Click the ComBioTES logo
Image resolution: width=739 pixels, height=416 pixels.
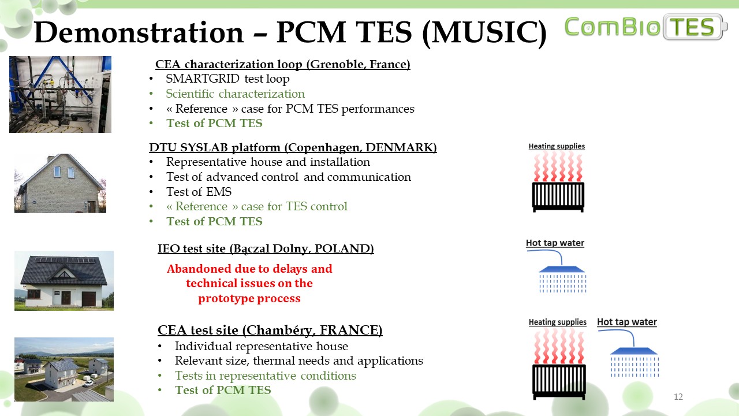[x=646, y=27]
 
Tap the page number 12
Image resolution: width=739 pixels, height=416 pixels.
[x=678, y=396]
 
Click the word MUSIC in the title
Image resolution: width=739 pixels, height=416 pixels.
[x=484, y=32]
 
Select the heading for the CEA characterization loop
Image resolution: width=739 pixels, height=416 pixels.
[x=283, y=64]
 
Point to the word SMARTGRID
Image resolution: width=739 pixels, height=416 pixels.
[x=202, y=79]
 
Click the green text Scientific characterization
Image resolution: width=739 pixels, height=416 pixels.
[x=235, y=94]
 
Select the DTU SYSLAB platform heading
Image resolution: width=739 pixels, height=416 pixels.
[x=293, y=147]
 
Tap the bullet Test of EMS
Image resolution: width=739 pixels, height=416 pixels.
[x=199, y=192]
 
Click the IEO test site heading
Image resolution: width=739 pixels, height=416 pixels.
[x=266, y=248]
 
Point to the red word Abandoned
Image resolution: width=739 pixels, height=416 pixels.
[x=199, y=269]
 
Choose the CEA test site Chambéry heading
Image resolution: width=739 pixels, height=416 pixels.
[x=270, y=330]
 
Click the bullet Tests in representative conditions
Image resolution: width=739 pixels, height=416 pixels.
[x=265, y=376]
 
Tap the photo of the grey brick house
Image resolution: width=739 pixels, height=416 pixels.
[x=61, y=183]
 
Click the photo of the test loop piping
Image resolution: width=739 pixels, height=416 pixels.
[x=61, y=94]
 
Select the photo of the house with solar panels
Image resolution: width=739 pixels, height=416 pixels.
[x=64, y=281]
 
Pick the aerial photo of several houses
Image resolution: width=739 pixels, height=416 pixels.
[x=64, y=369]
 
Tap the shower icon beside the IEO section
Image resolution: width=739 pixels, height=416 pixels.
[x=558, y=272]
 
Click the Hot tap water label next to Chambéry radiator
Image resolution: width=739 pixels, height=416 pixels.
[x=627, y=322]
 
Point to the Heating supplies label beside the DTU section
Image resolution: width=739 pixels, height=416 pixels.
[x=557, y=146]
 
